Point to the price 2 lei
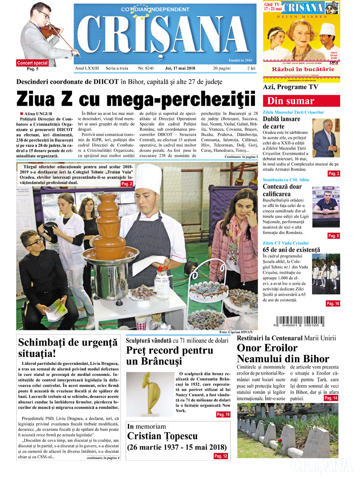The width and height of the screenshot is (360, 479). tap(251, 68)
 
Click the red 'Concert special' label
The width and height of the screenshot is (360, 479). tap(32, 63)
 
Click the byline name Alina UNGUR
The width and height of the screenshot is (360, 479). tap(40, 114)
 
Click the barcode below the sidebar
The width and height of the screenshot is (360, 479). tap(301, 322)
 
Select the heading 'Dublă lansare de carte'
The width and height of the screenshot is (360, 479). tap(281, 122)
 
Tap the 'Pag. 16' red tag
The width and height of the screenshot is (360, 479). tap(332, 304)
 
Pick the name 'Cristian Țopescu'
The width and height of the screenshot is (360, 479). tap(162, 436)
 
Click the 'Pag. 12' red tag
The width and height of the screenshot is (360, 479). tap(220, 456)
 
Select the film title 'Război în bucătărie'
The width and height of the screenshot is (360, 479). tap(301, 69)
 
